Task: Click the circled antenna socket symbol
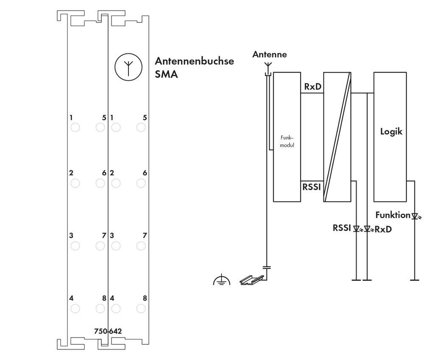point(128,66)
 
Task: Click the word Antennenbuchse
point(194,61)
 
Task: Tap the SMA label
point(166,75)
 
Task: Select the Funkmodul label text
point(287,141)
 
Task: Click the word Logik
point(391,131)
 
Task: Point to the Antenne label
point(269,54)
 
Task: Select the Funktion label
point(393,215)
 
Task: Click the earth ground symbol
point(222,280)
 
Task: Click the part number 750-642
point(108,331)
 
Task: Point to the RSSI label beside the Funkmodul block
point(311,186)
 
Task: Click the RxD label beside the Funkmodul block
point(312,87)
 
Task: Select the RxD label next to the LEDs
point(383,230)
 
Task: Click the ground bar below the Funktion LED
point(414,280)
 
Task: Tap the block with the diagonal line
point(338,137)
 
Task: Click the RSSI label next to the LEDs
point(342,228)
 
